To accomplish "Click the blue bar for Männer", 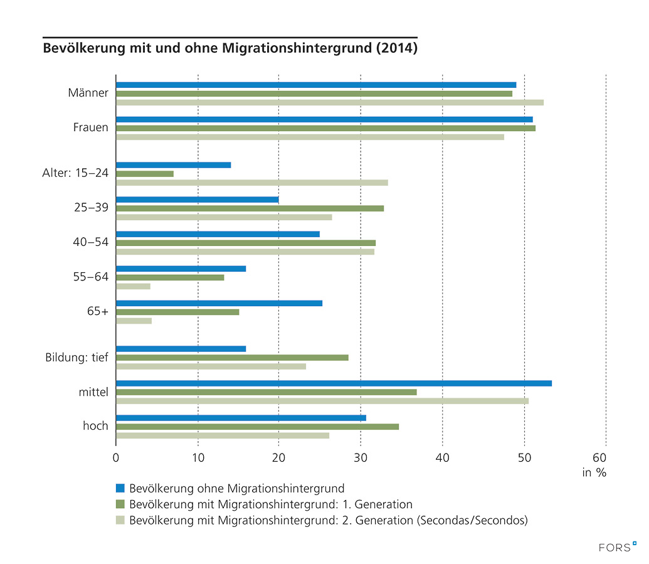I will click(x=316, y=85).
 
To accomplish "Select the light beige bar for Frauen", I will click(x=310, y=137).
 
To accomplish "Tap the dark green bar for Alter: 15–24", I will click(x=145, y=174).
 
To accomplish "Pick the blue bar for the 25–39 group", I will click(x=198, y=200).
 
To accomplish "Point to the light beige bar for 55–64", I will click(x=134, y=286).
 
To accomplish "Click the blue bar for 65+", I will click(x=219, y=303).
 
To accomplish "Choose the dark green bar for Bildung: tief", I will click(x=232, y=358).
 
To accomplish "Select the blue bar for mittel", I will click(x=334, y=383).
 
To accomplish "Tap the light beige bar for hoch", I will click(x=223, y=435).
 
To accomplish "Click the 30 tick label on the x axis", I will click(x=361, y=457).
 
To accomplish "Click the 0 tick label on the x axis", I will click(x=116, y=457).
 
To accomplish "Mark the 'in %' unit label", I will click(x=594, y=473).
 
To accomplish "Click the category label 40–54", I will click(x=91, y=243).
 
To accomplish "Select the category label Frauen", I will click(x=91, y=128).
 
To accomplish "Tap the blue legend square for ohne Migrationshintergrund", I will click(x=120, y=488).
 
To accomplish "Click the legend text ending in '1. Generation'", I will click(x=270, y=504).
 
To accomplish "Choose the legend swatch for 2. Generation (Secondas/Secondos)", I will click(x=120, y=520).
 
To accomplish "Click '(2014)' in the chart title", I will click(x=396, y=48).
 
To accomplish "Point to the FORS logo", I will click(x=617, y=547).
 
